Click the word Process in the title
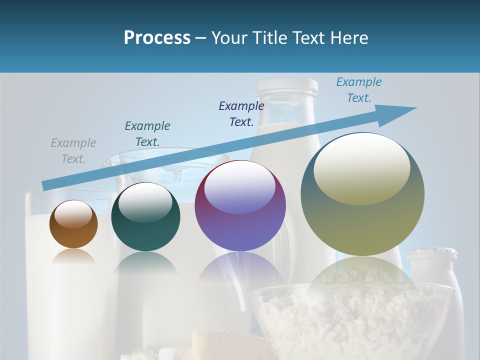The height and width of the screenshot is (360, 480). click(157, 38)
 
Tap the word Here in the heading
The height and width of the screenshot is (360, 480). click(348, 38)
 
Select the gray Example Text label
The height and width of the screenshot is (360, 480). click(73, 151)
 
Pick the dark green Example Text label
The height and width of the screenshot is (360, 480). click(147, 134)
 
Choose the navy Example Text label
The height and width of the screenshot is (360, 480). click(241, 114)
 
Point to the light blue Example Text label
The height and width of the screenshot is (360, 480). click(359, 90)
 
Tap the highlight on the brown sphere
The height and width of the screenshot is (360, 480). click(73, 214)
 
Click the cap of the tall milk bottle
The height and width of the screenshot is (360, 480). click(286, 88)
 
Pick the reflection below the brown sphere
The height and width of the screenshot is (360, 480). click(73, 257)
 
